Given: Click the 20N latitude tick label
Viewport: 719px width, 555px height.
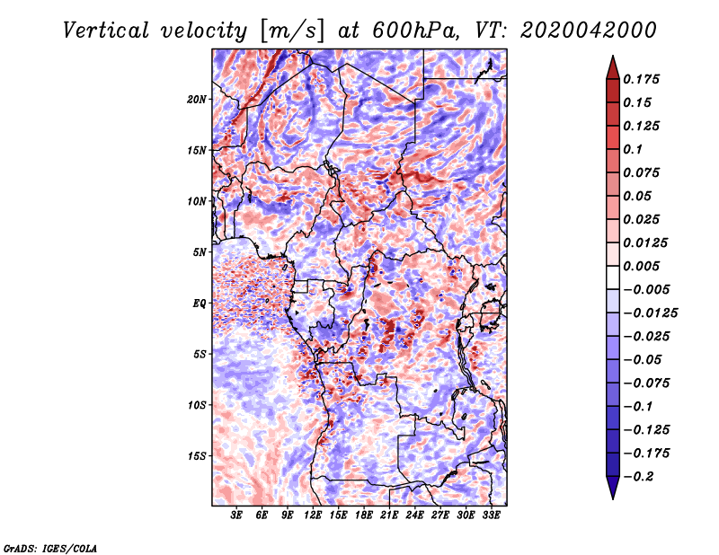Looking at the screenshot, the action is [x=196, y=100].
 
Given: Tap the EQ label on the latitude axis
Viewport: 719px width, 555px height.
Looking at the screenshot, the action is [x=199, y=304].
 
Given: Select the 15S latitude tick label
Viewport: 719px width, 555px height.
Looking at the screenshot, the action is [x=197, y=456].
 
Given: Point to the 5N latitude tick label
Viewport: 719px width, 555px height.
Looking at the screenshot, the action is [x=200, y=252].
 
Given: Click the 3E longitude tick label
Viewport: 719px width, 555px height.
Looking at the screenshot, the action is [x=236, y=515].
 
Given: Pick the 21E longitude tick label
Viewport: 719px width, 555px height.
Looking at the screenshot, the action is [x=389, y=515].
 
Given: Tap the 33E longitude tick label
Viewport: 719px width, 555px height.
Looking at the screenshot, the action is [x=491, y=515].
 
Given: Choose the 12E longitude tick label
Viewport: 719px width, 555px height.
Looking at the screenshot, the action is [x=313, y=515].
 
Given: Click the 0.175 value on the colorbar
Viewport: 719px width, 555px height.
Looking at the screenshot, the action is [x=641, y=79].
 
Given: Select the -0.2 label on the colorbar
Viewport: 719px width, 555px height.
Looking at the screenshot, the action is [x=638, y=477].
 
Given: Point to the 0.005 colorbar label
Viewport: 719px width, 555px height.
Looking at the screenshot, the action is [x=641, y=266].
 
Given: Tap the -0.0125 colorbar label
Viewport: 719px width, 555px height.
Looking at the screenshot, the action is [x=650, y=313].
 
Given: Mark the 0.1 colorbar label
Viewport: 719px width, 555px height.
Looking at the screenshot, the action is [x=633, y=149].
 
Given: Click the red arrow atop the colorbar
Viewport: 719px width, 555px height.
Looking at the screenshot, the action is [x=613, y=67].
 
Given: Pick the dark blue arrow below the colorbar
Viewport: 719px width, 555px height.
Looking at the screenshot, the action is [x=613, y=488].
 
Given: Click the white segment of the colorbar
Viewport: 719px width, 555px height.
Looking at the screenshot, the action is [x=613, y=277].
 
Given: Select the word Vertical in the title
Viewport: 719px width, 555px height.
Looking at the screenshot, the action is [x=106, y=31].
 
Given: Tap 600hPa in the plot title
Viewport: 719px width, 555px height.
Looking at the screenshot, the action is [x=415, y=31].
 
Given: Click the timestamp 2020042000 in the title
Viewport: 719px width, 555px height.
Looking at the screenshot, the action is [x=589, y=31].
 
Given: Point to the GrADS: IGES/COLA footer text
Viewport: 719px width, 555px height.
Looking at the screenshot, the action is [x=50, y=548].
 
